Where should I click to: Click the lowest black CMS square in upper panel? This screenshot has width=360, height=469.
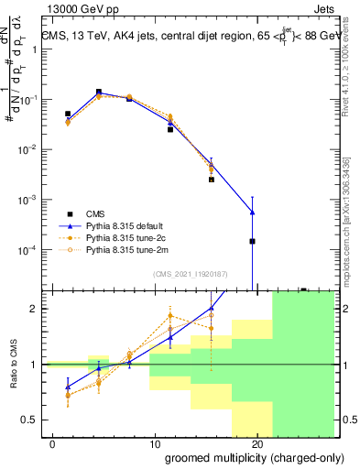(252, 242)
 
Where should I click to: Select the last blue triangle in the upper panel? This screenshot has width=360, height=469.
(252, 213)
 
